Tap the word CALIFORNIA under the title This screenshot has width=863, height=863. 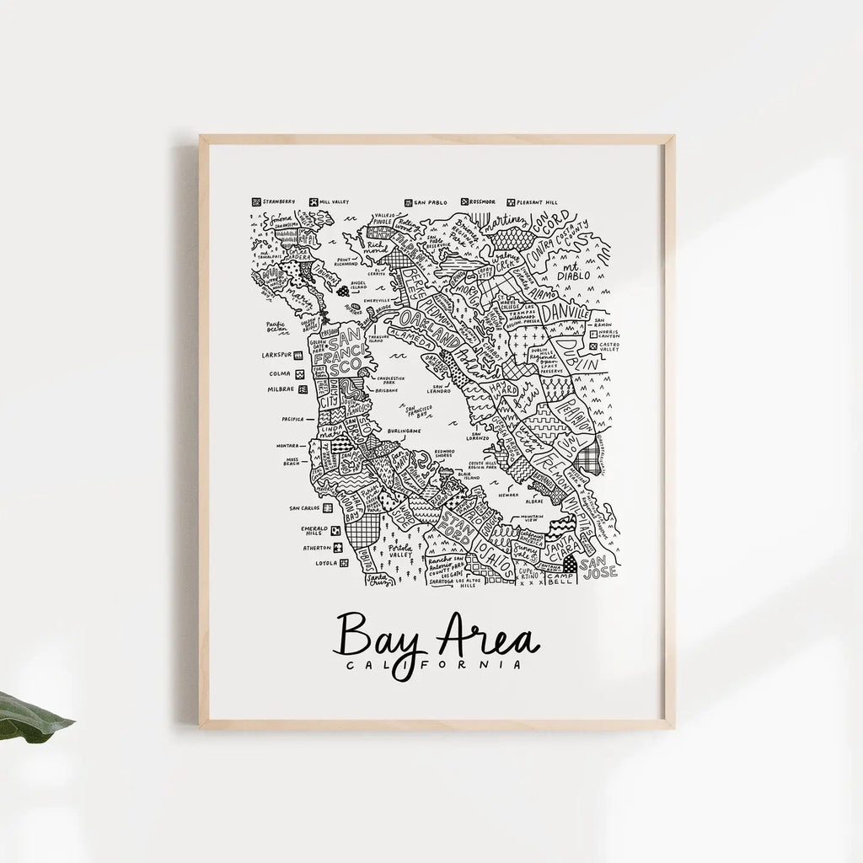437,665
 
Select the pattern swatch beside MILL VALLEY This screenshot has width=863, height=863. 314,202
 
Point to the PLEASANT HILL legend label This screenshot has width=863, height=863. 539,202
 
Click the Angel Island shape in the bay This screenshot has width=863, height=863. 342,291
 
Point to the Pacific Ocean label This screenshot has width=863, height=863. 276,325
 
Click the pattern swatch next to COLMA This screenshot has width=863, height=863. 299,373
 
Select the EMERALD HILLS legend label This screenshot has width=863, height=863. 314,531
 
